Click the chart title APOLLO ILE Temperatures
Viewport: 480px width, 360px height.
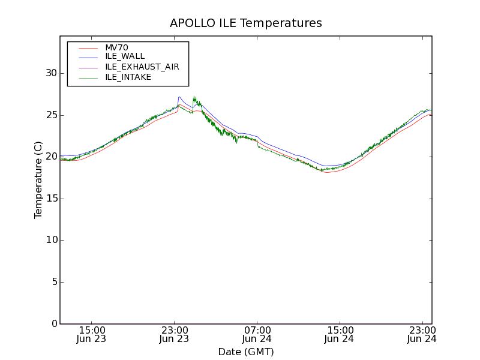(246, 23)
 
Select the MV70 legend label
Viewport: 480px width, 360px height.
(116, 47)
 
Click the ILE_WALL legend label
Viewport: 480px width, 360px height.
(125, 56)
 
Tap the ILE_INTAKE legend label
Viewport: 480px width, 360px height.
(128, 77)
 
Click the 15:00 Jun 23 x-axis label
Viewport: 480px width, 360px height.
(92, 334)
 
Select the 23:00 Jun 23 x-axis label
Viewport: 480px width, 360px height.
(175, 334)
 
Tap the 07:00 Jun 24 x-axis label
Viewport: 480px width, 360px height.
(257, 334)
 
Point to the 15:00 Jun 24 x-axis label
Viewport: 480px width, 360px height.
(340, 334)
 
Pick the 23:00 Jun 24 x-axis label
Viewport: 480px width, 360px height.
(422, 334)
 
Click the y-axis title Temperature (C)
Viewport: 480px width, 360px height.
(38, 180)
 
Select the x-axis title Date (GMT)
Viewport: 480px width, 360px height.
(246, 352)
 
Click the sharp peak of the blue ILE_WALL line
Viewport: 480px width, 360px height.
(179, 97)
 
